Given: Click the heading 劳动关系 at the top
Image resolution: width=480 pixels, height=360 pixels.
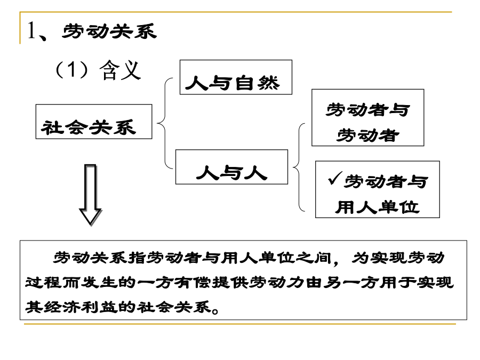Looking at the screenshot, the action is pos(109,31).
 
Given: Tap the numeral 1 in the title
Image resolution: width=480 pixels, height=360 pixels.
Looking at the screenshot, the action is pos(31,30).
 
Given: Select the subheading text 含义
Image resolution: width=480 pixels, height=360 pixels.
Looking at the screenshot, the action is pos(120,70).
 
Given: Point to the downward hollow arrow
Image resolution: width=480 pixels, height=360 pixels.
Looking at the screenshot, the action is pos(90,195).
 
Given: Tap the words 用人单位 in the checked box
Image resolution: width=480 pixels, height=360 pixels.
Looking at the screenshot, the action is pos(377,207).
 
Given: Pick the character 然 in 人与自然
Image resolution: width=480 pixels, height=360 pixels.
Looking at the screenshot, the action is pos(268,83).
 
